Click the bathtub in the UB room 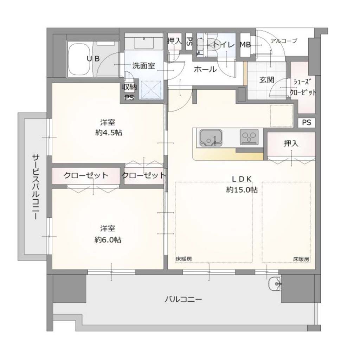click(79, 59)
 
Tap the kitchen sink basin click(211, 138)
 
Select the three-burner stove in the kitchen click(249, 137)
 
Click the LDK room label click(242, 179)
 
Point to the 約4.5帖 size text click(109, 133)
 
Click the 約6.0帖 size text click(108, 240)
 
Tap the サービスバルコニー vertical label click(36, 187)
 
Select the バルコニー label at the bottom click(183, 299)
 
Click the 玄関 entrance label click(267, 80)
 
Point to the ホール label click(205, 69)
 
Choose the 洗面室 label click(144, 66)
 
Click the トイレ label click(224, 45)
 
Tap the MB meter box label click(245, 45)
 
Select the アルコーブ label click(284, 41)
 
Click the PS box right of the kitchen click(307, 122)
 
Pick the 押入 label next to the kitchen click(291, 143)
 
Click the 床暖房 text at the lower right click(301, 259)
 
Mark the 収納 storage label click(129, 87)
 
